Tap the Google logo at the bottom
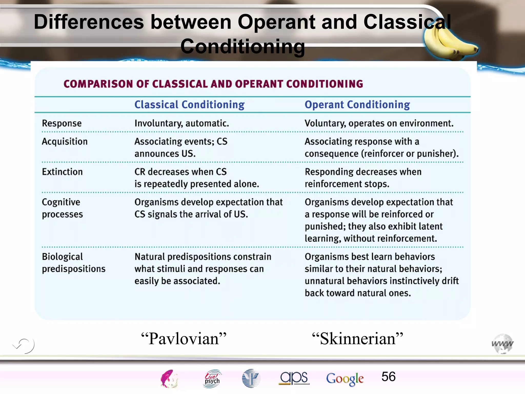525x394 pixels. [345, 379]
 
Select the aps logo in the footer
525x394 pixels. [294, 378]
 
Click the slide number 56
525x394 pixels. [388, 377]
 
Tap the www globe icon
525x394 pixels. [502, 344]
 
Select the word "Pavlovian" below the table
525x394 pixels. [184, 339]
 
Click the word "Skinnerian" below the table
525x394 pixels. [358, 339]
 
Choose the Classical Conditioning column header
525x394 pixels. [189, 105]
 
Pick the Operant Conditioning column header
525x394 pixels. [357, 105]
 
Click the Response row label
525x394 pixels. [62, 123]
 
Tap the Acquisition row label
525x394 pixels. [65, 142]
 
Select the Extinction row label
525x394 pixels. [62, 172]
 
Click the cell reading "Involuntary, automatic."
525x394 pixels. [182, 123]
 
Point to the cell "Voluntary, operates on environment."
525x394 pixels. [379, 123]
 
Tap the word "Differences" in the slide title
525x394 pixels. [89, 22]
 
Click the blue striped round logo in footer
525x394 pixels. [251, 378]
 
